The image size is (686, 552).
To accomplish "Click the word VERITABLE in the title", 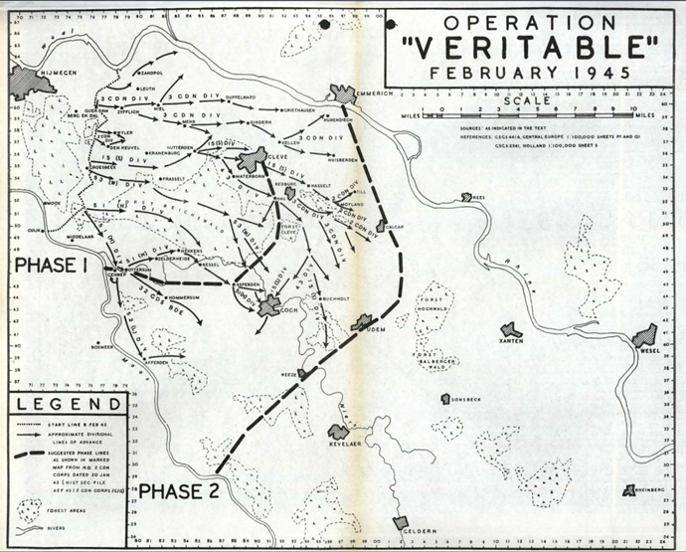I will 530,49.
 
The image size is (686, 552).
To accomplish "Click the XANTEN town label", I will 512,341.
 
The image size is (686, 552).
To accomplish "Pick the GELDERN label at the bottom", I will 420,532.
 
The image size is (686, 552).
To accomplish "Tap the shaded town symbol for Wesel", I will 644,336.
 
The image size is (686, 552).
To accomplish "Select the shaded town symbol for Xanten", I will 511,328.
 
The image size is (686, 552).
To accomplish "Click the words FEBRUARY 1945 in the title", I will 530,73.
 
